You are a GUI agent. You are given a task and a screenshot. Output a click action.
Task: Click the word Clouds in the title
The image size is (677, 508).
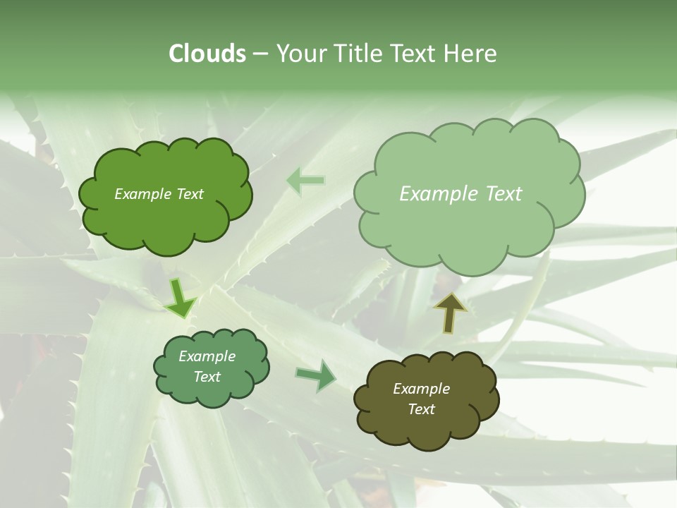point(207,54)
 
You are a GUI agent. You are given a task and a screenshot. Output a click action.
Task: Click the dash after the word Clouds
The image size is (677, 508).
point(260,54)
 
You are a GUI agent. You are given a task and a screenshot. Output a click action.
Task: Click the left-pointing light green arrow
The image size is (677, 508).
point(305,181)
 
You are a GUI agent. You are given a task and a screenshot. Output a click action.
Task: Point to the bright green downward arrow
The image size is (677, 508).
point(181,298)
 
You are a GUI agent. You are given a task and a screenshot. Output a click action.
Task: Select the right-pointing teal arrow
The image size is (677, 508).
point(317,376)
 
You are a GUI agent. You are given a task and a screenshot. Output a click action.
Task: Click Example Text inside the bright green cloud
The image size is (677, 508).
point(159,194)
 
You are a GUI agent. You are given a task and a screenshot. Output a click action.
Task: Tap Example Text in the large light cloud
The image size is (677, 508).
point(461,194)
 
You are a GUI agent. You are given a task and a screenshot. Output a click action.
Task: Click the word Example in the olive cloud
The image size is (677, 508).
point(421,389)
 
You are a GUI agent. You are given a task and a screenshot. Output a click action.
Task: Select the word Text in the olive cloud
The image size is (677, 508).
point(421,409)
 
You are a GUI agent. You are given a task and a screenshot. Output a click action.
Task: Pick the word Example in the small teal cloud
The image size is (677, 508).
point(207,356)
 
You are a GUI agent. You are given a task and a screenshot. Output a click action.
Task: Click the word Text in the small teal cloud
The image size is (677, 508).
point(207,377)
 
